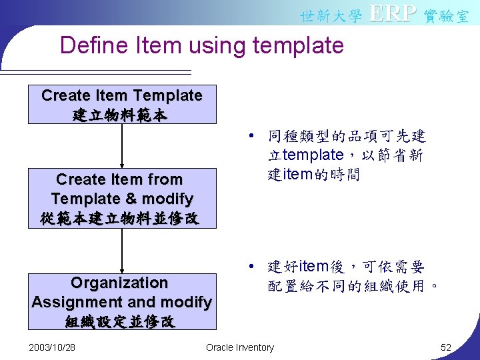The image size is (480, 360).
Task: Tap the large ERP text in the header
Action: tap(393, 13)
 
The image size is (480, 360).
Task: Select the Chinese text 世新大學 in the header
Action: tap(331, 15)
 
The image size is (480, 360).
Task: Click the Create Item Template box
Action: tap(122, 104)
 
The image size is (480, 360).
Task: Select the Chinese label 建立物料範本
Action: tap(121, 115)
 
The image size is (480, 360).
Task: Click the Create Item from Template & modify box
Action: tap(122, 198)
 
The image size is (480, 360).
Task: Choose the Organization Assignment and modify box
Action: tap(122, 301)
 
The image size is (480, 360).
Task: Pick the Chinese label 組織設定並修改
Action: tap(121, 322)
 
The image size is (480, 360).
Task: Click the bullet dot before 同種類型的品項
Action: tap(248, 137)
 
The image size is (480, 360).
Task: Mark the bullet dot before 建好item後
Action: tap(248, 267)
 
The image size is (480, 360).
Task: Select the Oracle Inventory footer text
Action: tap(240, 347)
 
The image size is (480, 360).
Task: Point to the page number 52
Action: tap(446, 347)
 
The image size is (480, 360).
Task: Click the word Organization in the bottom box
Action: tap(119, 283)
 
